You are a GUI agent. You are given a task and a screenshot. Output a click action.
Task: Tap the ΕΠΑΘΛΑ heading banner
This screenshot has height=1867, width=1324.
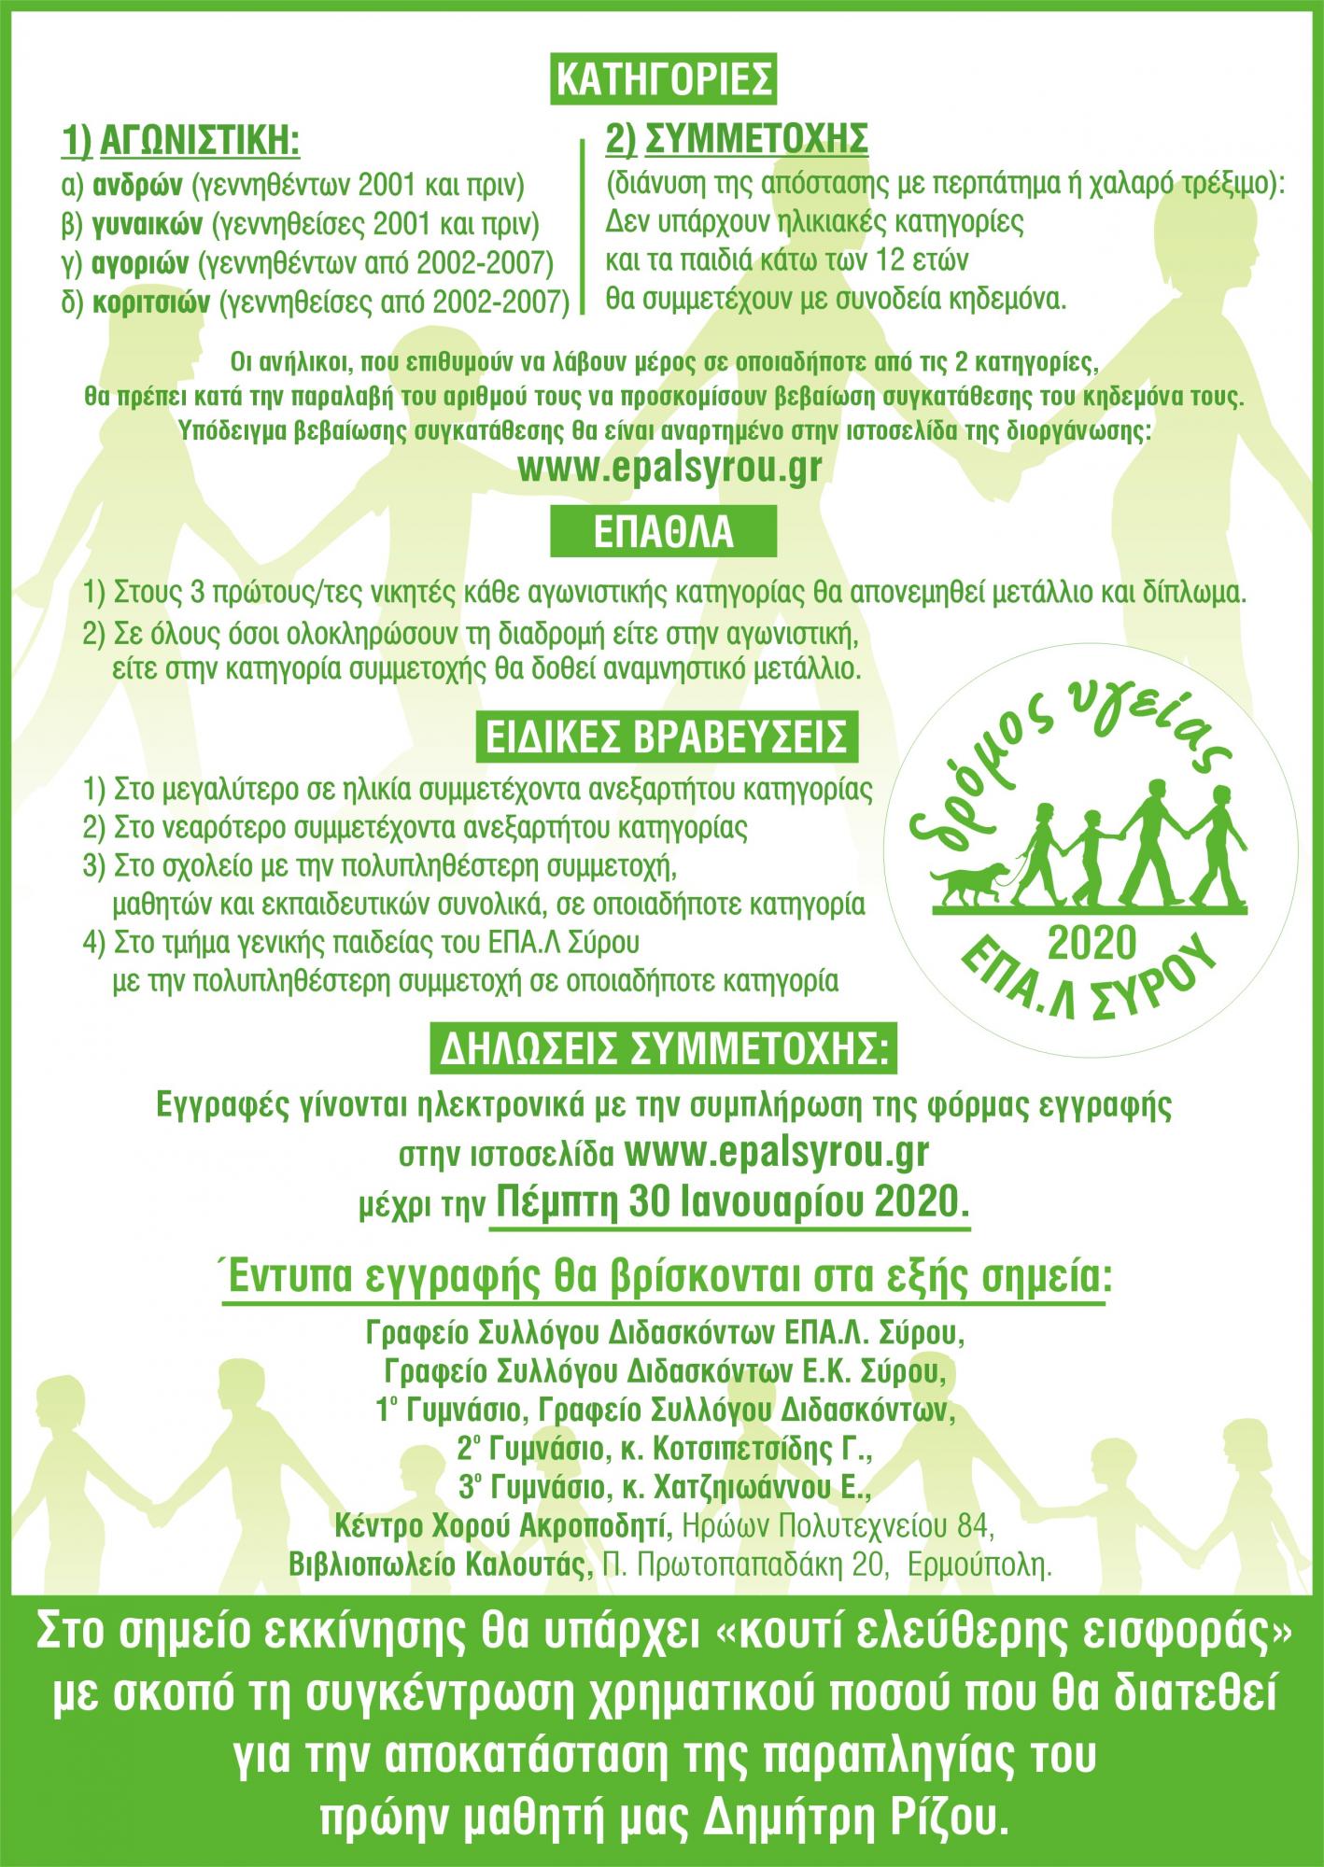click(x=664, y=531)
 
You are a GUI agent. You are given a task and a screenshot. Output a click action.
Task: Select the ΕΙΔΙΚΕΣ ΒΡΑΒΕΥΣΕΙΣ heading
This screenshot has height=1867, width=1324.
click(x=664, y=738)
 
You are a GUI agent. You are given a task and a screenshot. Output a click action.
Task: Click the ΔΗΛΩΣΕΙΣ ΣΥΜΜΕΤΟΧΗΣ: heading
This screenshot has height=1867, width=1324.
click(x=662, y=1052)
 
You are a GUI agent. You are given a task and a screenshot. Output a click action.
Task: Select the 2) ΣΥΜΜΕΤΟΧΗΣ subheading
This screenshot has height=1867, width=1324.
click(x=738, y=139)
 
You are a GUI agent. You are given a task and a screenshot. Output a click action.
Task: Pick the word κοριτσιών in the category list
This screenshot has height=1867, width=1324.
click(x=150, y=303)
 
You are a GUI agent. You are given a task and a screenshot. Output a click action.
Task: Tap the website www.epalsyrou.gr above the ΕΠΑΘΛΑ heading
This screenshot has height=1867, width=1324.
click(x=669, y=468)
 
